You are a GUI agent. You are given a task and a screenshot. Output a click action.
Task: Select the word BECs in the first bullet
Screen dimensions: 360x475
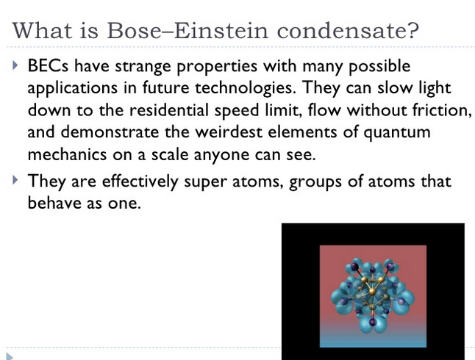[46, 67]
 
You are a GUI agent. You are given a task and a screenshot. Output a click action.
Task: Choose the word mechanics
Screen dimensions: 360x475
[65, 154]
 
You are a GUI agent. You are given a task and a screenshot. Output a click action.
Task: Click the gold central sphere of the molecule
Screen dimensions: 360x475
[373, 292]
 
